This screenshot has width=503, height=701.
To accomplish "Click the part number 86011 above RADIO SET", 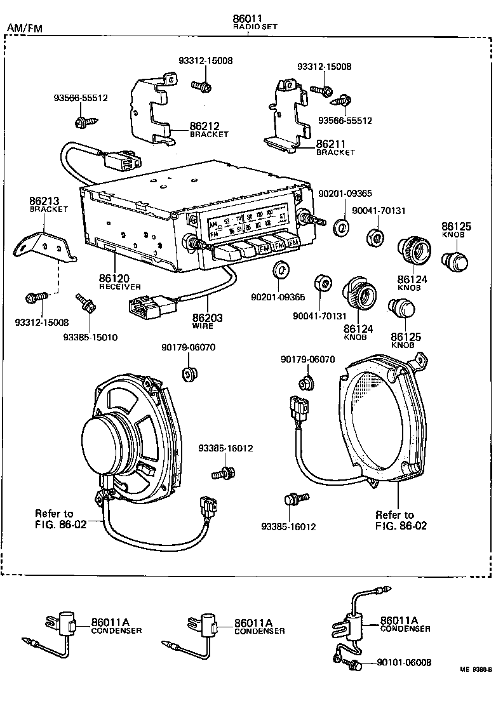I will click(247, 20).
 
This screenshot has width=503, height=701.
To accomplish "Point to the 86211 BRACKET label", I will click(335, 147).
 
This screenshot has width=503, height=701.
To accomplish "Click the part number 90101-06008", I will click(404, 662).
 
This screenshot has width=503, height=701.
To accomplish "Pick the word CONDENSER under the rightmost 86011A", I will click(405, 629).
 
